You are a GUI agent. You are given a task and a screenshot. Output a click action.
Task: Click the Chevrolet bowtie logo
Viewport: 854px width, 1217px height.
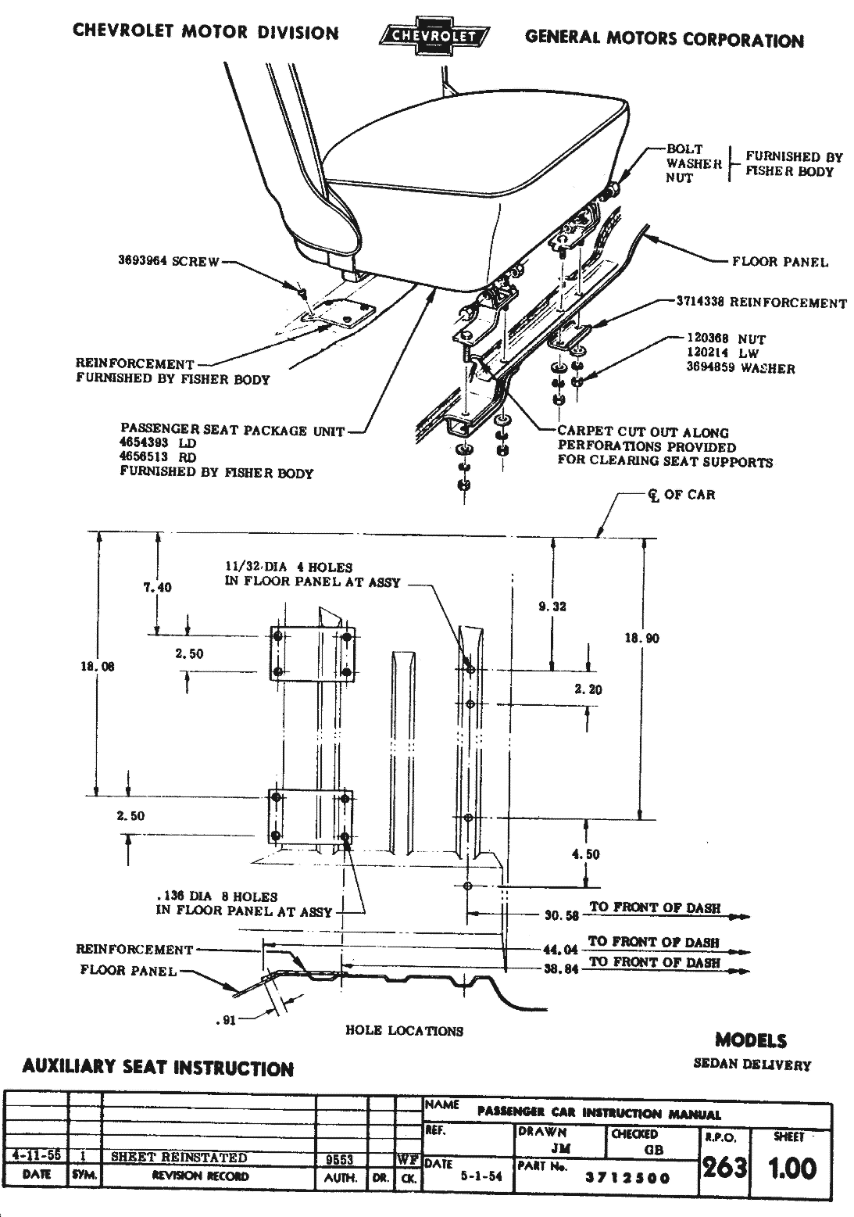click(434, 35)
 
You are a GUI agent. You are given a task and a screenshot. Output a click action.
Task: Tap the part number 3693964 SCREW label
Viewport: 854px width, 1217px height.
click(169, 261)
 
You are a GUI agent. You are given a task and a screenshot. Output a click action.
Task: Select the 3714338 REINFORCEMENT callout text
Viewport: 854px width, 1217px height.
click(761, 303)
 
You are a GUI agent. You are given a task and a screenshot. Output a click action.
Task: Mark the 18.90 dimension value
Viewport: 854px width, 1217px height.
click(641, 639)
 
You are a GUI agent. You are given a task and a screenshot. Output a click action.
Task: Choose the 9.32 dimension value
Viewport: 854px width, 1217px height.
click(552, 606)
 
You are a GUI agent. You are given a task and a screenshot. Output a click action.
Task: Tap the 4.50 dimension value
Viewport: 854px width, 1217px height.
click(586, 854)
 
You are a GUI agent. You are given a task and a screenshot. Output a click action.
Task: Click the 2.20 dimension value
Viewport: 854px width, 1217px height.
click(588, 689)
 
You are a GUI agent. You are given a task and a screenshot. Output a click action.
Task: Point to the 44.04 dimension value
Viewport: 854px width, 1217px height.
click(560, 950)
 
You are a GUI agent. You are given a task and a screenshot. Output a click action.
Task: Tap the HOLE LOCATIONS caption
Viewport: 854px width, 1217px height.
click(404, 1031)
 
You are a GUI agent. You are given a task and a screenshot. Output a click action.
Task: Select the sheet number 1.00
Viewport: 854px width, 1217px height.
click(792, 1169)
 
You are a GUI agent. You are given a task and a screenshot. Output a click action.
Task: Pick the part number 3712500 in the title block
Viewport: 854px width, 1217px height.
click(627, 1179)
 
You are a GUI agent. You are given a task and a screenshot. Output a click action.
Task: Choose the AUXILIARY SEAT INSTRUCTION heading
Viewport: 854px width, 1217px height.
click(158, 1068)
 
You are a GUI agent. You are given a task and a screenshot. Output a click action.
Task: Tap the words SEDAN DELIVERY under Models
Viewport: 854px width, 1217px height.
click(752, 1064)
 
